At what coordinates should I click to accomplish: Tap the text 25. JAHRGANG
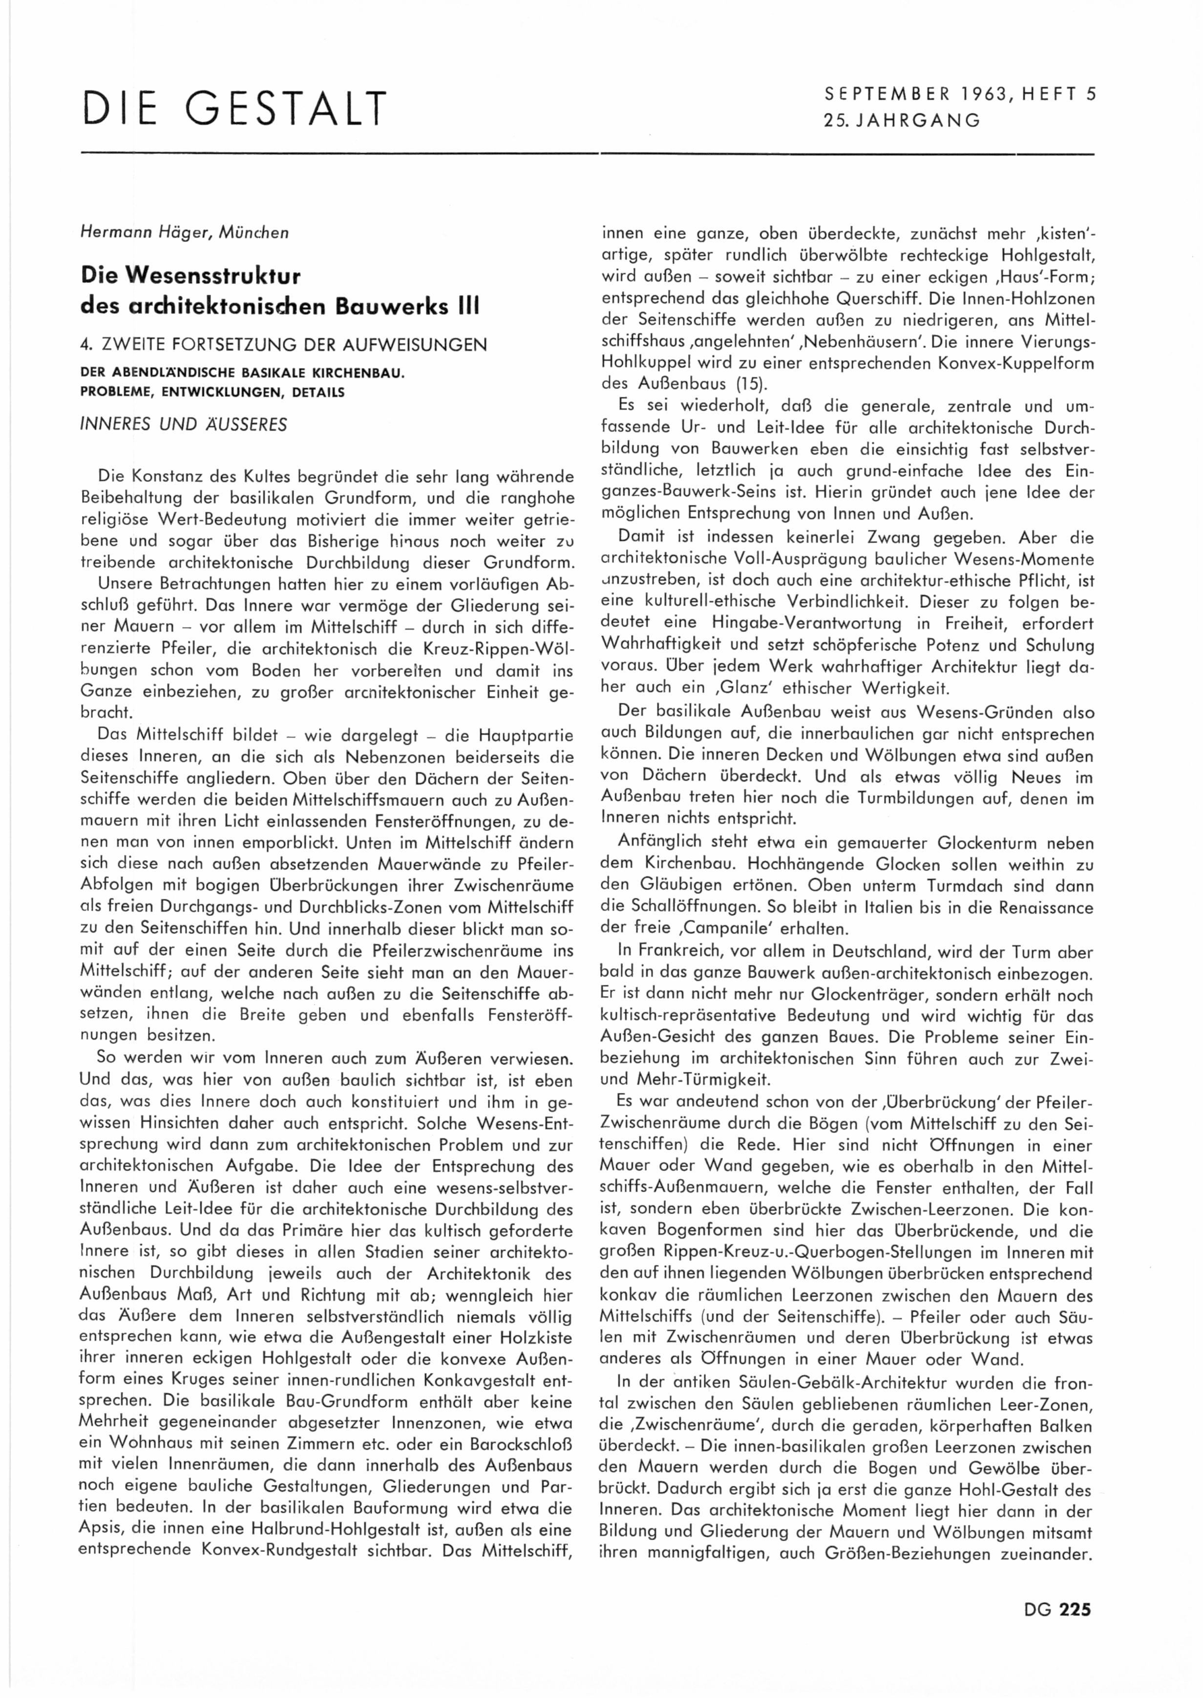pyautogui.click(x=902, y=120)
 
